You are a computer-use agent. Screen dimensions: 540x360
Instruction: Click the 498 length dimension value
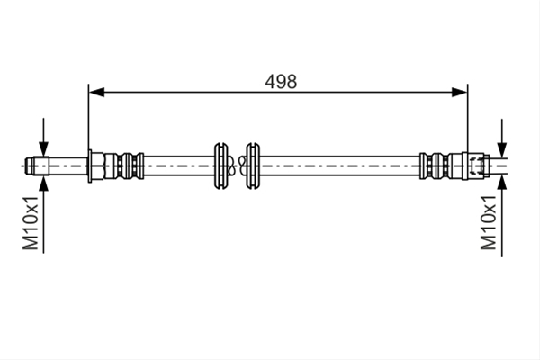(281, 82)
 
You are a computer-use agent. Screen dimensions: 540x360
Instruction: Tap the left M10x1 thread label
(31, 223)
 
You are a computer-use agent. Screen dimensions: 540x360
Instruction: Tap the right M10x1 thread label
(489, 223)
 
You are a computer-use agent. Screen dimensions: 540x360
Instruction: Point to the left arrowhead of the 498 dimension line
(96, 93)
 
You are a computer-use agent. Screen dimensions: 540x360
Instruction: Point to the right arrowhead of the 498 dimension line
(459, 93)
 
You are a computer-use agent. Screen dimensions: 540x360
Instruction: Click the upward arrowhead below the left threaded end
(43, 184)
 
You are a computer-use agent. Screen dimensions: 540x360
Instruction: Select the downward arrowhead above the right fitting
(502, 149)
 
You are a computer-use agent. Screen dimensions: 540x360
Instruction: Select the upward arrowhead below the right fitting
(502, 183)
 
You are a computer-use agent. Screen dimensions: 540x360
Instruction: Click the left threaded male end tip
(37, 166)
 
